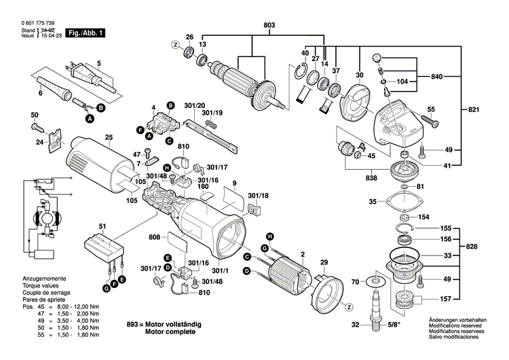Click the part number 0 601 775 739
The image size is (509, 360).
pyautogui.click(x=32, y=23)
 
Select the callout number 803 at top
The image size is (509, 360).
pyautogui.click(x=269, y=26)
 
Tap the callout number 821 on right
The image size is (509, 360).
pyautogui.click(x=472, y=109)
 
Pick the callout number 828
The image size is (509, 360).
pyautogui.click(x=472, y=245)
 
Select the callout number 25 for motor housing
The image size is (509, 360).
pyautogui.click(x=108, y=139)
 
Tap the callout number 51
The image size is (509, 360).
pyautogui.click(x=102, y=226)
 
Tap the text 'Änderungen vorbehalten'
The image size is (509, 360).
pyautogui.click(x=461, y=320)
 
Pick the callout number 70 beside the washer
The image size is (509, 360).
pyautogui.click(x=354, y=281)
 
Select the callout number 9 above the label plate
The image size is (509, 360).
pyautogui.click(x=234, y=183)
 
